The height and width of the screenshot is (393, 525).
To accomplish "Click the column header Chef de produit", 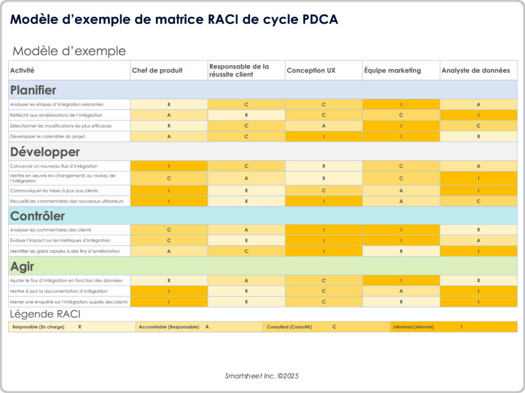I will click(157, 70).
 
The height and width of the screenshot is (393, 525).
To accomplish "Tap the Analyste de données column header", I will click(475, 70).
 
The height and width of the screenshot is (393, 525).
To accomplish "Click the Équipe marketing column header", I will click(392, 70).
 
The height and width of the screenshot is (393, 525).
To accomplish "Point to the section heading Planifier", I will click(33, 90).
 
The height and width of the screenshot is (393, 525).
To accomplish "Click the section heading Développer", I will click(44, 152).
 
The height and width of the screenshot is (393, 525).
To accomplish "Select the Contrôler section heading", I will click(37, 216).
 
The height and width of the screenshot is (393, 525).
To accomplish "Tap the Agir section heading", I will click(22, 267).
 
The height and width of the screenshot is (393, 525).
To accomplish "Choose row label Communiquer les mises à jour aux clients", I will click(54, 190).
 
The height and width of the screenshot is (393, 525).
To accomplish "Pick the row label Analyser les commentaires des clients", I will click(51, 230).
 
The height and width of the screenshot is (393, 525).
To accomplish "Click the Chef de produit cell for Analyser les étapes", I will click(169, 105).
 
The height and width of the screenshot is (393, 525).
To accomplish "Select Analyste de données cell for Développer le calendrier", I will click(478, 136).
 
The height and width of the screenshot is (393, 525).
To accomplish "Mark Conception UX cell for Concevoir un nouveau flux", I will click(323, 166).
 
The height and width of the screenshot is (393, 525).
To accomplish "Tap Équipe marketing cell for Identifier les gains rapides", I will click(401, 251).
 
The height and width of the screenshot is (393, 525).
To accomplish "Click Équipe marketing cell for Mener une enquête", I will click(401, 302).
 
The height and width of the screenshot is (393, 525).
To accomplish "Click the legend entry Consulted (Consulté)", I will click(289, 327).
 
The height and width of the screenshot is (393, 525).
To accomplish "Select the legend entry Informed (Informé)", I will click(413, 327).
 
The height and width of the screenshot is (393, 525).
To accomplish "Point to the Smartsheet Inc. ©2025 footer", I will click(262, 376).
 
